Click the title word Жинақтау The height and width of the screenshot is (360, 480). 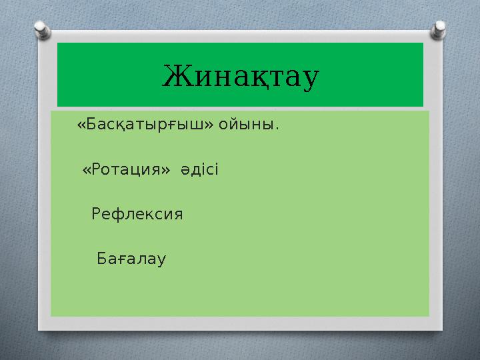coord(241,76)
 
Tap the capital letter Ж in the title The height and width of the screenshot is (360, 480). coord(175,76)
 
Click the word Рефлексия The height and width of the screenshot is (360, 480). coord(137,215)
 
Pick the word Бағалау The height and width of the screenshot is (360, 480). coord(132,259)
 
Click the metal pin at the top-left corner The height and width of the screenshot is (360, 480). coord(41,30)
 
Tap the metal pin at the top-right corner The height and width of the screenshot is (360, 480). coord(440,30)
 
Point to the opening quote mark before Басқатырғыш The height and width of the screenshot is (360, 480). coord(81,125)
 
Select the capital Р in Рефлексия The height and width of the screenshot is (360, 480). coord(96,215)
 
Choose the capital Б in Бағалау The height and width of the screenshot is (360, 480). coord(102,259)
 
